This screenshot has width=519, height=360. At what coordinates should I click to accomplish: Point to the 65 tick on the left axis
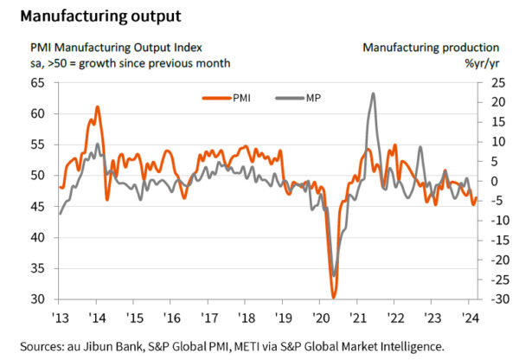(x=37, y=82)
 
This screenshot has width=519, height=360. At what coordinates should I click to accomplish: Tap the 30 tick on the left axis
(x=37, y=299)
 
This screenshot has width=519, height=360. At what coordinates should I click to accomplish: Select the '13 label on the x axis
(x=61, y=316)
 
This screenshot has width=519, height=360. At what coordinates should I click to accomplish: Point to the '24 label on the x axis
(x=468, y=316)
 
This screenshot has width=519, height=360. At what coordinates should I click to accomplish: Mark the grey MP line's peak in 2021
(x=372, y=93)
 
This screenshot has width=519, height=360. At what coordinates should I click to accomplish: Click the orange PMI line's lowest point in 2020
(x=334, y=297)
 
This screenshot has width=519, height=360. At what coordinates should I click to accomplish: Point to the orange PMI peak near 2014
(x=97, y=106)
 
